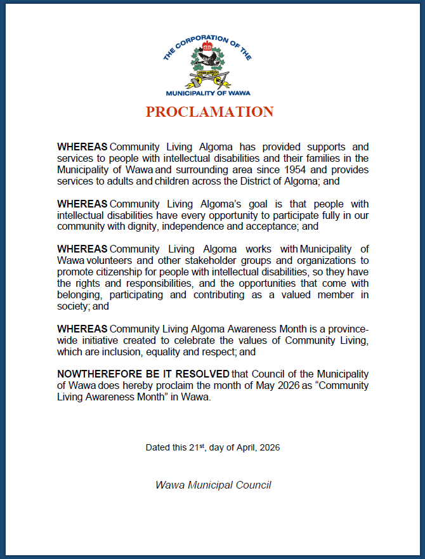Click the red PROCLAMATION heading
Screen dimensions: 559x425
209,112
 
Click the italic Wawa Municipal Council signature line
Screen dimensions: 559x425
213,485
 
